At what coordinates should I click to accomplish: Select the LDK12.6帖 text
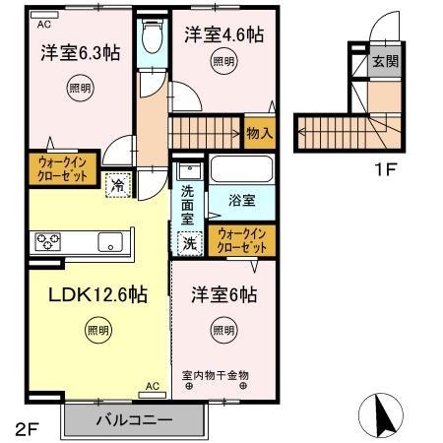[86, 294]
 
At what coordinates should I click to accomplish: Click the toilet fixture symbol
[152, 39]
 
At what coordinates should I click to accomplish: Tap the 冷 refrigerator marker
[117, 182]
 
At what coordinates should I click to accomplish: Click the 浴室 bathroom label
[242, 200]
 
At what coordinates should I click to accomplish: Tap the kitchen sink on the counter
[108, 239]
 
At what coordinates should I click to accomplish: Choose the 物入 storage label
[258, 132]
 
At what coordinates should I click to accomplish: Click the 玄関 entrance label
[384, 62]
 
